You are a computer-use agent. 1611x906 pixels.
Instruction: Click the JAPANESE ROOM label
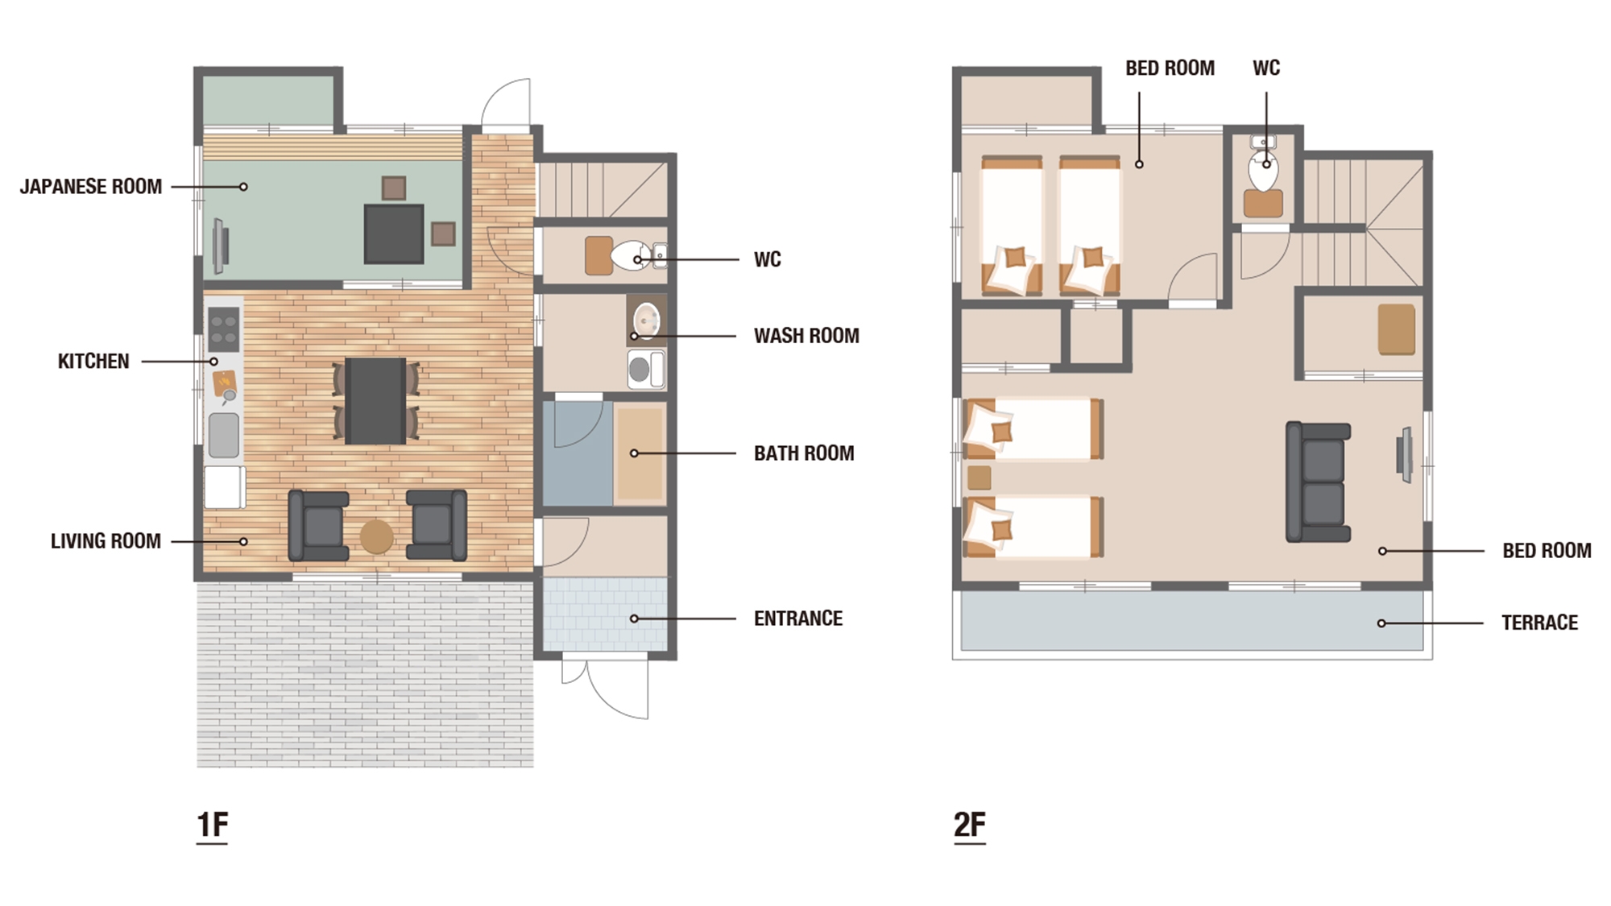pos(91,187)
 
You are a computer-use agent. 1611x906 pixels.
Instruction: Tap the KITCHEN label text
pos(93,362)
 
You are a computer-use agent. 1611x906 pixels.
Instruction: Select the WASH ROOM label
pos(806,336)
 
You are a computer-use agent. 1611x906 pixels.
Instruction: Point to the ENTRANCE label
pos(798,618)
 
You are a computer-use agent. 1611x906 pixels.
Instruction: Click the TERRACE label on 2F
pos(1539,623)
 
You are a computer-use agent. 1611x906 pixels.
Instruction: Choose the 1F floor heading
pos(213,825)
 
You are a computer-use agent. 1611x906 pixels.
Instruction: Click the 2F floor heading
pos(970,825)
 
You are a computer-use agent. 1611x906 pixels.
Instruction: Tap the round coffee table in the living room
pos(376,536)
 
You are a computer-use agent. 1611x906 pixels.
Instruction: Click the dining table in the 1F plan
pos(376,400)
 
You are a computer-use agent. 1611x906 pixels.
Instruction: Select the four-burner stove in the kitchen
pos(223,329)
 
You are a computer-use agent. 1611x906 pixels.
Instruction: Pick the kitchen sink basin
pos(224,435)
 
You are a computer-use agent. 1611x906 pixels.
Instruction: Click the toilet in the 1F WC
pos(629,256)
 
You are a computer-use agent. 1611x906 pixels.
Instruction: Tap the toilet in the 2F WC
pos(1263,171)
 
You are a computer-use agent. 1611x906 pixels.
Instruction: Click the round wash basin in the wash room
pos(646,321)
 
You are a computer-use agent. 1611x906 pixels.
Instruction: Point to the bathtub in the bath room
pos(640,454)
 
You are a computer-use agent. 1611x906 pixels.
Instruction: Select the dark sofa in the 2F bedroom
pos(1318,482)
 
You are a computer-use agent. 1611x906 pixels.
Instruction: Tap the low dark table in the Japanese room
pos(394,234)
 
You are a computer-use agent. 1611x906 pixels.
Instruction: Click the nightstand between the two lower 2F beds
pos(979,478)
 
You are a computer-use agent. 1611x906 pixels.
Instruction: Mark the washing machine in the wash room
pos(646,370)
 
